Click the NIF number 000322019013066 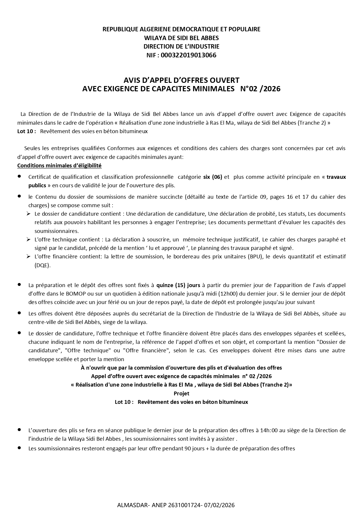(x=188, y=55)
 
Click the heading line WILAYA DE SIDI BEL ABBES (x=181, y=38)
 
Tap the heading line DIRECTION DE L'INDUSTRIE (x=181, y=47)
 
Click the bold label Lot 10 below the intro (x=26, y=131)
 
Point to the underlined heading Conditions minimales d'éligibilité (x=59, y=166)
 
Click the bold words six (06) (x=213, y=177)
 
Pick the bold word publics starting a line (x=37, y=186)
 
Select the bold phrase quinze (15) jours (x=178, y=285)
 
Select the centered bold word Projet (x=181, y=393)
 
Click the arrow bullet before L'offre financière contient (x=28, y=257)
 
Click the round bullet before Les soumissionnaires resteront (x=19, y=448)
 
